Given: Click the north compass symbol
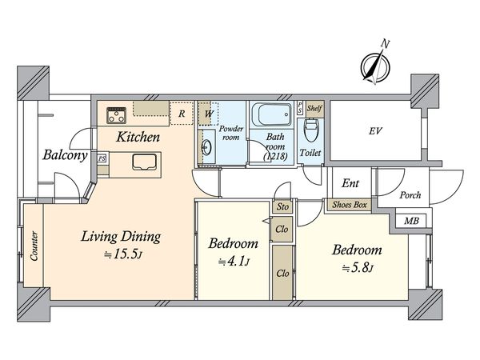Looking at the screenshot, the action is click(375, 66).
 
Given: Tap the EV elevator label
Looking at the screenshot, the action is click(375, 131).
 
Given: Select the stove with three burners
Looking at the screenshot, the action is click(116, 115).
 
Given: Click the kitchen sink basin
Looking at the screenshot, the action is click(145, 162).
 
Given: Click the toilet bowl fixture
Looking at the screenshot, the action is click(310, 130).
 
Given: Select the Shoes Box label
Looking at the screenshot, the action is click(350, 205).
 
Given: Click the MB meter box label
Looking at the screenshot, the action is click(411, 221).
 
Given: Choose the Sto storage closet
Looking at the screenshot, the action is click(282, 206).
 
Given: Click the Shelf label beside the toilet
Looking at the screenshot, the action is click(314, 108).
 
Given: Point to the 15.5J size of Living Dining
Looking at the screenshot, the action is click(123, 254).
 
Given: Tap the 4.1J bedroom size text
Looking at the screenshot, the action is click(234, 262).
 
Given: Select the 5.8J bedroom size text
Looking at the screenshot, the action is click(358, 269).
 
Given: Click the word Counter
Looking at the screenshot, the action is click(34, 246).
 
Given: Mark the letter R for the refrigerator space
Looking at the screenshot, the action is click(182, 114).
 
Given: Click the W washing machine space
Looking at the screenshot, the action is click(209, 114).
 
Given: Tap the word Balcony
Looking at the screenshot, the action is click(66, 155).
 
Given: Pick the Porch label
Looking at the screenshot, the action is click(410, 194).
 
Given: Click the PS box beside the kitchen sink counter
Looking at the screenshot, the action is click(102, 158).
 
